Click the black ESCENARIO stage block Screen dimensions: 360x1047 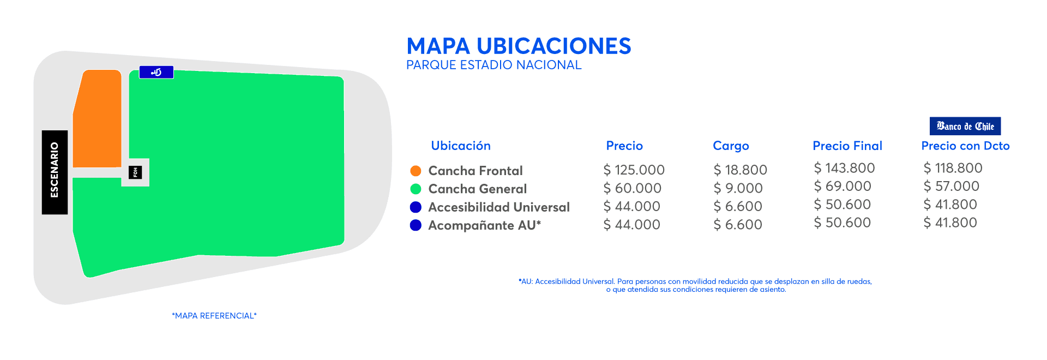[55, 172]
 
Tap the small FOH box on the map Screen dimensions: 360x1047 [135, 172]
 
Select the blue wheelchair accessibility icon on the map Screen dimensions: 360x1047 [157, 72]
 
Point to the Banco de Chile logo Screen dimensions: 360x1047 [965, 126]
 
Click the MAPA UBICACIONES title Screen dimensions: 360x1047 [519, 46]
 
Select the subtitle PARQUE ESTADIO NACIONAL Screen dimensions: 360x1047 [494, 65]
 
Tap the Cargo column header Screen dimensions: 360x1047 [731, 146]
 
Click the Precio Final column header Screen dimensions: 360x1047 [847, 146]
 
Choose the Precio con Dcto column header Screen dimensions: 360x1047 [965, 146]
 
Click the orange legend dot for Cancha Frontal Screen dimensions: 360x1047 [416, 171]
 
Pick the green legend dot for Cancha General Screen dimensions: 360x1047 [416, 189]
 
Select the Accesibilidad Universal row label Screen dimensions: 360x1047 [498, 207]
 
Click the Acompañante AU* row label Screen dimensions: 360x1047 [484, 225]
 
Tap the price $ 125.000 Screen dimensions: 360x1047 [634, 170]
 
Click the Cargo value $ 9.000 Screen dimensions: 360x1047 [738, 188]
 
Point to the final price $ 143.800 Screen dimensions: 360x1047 [844, 168]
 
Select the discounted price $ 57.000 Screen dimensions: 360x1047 [951, 186]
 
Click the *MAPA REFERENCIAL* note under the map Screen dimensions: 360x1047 [214, 316]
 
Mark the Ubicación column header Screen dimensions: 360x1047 [460, 146]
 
